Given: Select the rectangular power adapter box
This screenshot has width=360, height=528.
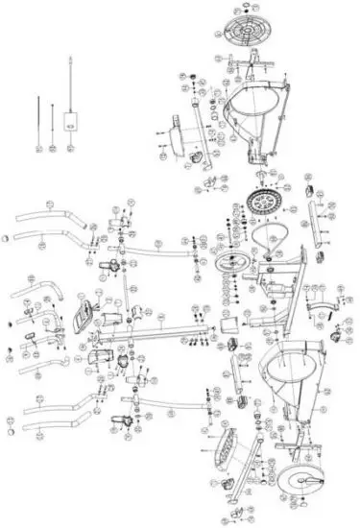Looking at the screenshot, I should click(x=70, y=122).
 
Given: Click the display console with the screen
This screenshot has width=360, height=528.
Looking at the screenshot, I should click(x=83, y=313).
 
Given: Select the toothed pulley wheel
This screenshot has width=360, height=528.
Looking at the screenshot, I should click(x=261, y=204).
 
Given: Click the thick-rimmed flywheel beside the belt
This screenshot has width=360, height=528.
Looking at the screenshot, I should click(x=230, y=263).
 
